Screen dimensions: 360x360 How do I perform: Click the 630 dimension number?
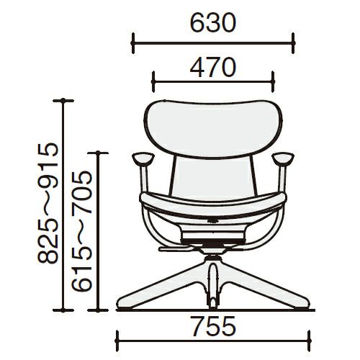point(213,23)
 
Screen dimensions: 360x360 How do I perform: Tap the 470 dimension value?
point(213,67)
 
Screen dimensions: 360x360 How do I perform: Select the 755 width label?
point(213,326)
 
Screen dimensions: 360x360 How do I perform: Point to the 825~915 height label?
point(48,203)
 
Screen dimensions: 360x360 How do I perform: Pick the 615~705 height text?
point(82,231)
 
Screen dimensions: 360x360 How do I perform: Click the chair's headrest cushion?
point(213,129)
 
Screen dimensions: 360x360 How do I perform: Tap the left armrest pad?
point(143,158)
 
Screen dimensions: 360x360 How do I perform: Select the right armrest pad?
point(283,158)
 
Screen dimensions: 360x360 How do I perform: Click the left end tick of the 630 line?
point(133,43)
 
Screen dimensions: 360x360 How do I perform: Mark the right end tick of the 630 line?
point(293,43)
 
